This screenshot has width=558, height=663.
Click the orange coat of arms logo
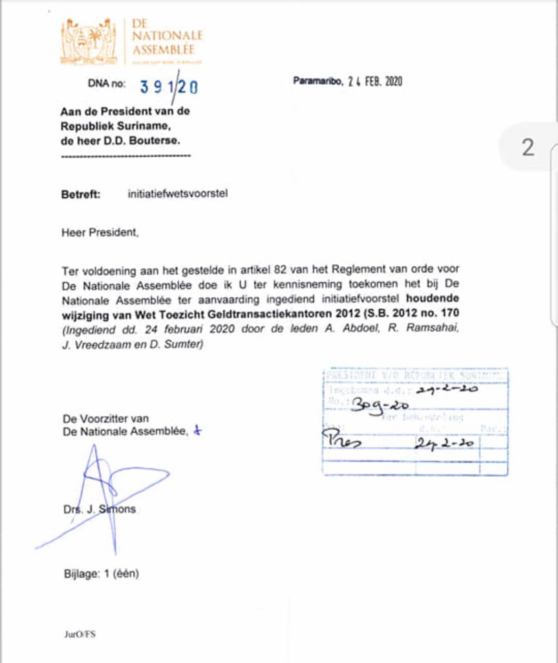tap(89, 42)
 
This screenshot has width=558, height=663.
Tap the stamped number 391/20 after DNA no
tap(169, 86)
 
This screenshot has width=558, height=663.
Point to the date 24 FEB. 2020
tap(375, 82)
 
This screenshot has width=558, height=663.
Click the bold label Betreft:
tap(81, 194)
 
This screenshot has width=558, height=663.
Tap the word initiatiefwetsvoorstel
tap(178, 194)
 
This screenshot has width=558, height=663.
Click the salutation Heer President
tap(100, 232)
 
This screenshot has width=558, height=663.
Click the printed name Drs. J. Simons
tap(100, 509)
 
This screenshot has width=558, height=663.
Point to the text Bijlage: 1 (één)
tap(101, 573)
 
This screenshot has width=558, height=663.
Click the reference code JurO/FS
tap(80, 635)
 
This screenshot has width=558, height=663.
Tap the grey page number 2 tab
tap(528, 148)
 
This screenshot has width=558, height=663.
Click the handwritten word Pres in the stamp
tap(343, 443)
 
